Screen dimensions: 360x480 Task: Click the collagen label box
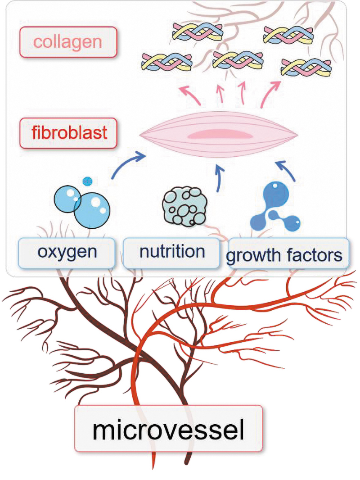click(68, 42)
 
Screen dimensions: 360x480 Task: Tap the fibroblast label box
click(68, 133)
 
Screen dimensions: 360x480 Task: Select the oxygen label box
click(67, 253)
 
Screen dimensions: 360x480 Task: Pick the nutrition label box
click(171, 253)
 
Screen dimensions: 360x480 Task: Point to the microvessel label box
click(169, 428)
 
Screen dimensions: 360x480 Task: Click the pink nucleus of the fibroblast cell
click(220, 135)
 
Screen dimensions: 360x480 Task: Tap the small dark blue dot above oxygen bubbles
click(87, 181)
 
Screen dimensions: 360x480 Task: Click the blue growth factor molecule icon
click(274, 207)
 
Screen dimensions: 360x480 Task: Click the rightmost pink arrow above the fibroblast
click(269, 94)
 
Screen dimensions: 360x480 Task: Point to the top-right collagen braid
click(288, 34)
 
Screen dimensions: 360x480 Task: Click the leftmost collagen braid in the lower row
click(167, 61)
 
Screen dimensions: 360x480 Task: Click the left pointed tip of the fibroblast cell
click(140, 135)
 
